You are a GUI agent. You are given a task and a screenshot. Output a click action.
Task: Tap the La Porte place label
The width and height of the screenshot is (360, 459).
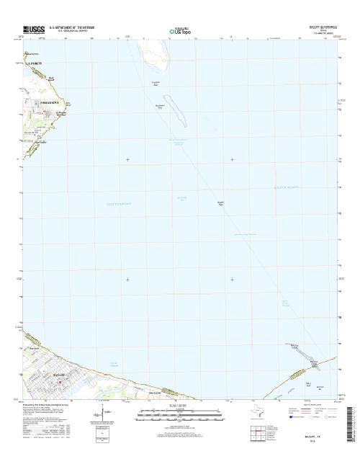tap(35, 63)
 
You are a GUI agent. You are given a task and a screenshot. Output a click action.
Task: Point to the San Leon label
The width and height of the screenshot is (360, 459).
tap(153, 393)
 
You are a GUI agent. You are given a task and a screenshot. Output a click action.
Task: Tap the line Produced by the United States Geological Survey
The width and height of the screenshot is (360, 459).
tap(50, 404)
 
